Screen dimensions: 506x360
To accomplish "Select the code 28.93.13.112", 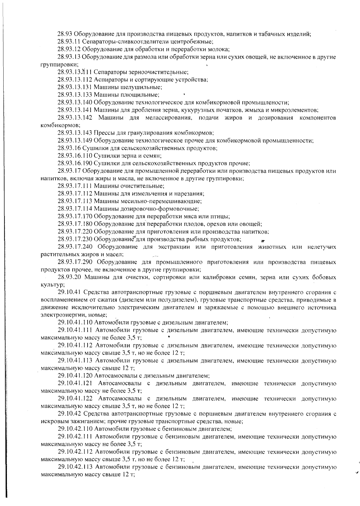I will pyautogui.click(x=75, y=79).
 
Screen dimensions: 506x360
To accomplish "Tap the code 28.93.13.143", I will pyautogui.click(x=75, y=133).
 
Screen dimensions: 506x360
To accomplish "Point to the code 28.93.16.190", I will pyautogui.click(x=75, y=163).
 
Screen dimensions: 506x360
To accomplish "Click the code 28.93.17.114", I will pyautogui.click(x=75, y=209).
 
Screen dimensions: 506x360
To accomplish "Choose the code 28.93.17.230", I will pyautogui.click(x=75, y=239).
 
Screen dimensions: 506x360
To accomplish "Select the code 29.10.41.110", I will pyautogui.click(x=75, y=323).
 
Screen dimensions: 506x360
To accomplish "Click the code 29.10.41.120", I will pyautogui.click(x=75, y=376).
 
